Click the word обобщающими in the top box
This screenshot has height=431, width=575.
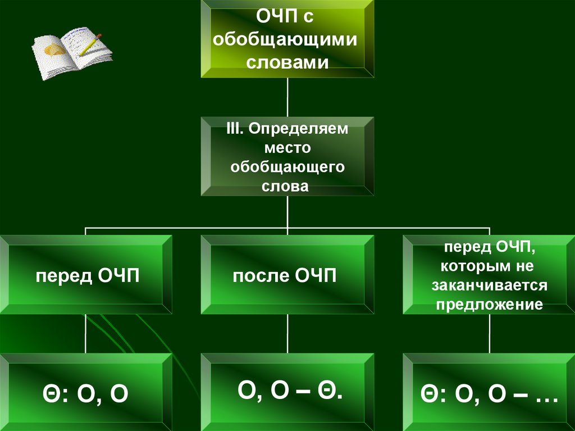[x=287, y=40]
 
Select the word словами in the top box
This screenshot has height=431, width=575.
[x=287, y=61]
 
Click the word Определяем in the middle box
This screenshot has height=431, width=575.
[x=299, y=129]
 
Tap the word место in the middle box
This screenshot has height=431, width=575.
[x=287, y=148]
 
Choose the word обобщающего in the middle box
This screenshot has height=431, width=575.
[x=287, y=167]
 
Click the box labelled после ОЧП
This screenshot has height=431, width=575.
[x=287, y=275]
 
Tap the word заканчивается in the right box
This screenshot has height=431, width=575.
[x=489, y=285]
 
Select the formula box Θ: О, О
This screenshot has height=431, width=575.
[x=86, y=392]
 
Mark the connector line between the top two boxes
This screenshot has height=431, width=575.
[x=287, y=97]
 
